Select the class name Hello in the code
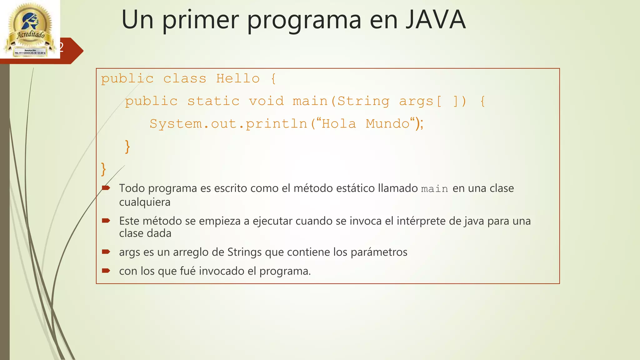[x=238, y=78]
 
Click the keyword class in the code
[x=185, y=78]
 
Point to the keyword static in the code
[x=213, y=101]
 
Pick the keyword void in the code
[x=266, y=101]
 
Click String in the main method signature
[x=363, y=101]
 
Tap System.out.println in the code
[x=228, y=124]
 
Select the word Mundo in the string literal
[x=387, y=124]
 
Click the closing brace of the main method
[x=127, y=147]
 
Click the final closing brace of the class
[x=103, y=169]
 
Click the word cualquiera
[x=145, y=202]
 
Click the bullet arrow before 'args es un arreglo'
[x=106, y=252]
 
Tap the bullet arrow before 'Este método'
[x=106, y=221]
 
